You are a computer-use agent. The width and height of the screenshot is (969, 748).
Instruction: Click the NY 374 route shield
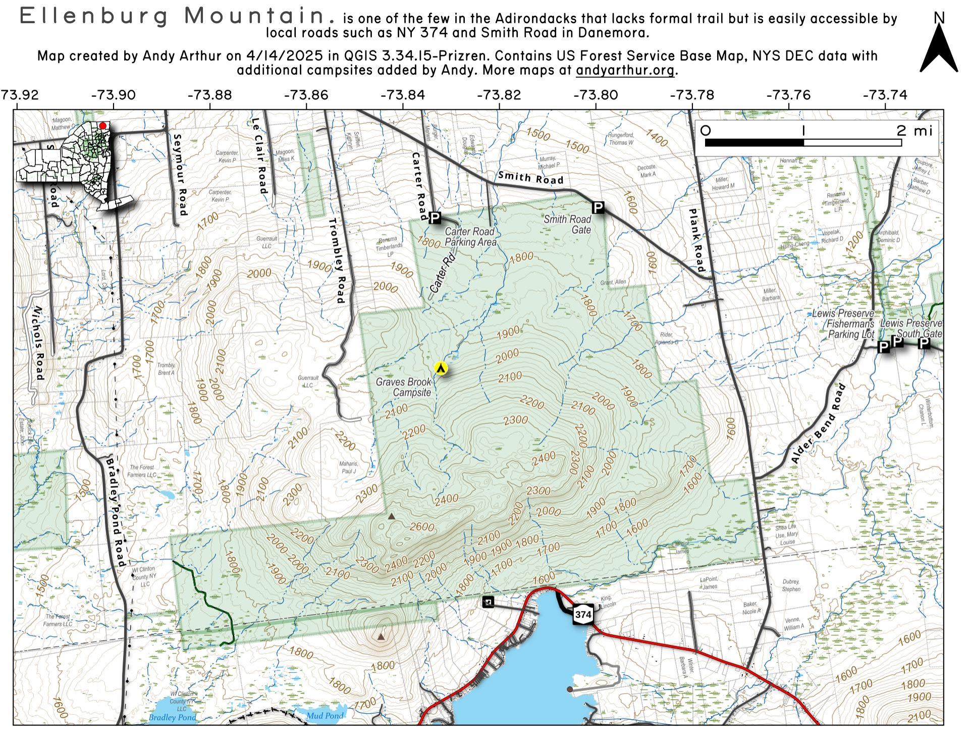coord(583,615)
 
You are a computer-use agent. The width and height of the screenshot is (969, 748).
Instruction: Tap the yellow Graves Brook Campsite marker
coord(441,368)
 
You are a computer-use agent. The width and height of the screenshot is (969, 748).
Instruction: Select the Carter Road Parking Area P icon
coord(435,218)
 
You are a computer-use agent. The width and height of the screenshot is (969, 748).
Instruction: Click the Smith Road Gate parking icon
coord(598,207)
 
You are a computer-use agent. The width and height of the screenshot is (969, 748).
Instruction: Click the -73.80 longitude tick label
coord(596,95)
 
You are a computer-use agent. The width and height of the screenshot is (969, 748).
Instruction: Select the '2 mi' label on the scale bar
coord(914,131)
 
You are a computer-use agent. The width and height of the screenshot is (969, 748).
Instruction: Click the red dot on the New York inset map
coord(103,126)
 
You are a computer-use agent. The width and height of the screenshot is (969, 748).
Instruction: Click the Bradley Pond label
coord(172,717)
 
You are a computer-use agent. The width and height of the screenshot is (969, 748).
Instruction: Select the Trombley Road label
coord(337,260)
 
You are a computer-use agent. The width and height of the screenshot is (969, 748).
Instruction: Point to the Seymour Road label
coord(180,175)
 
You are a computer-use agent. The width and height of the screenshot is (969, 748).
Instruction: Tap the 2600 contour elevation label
coord(422,527)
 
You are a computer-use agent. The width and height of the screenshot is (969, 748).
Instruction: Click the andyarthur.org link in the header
coord(625,70)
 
